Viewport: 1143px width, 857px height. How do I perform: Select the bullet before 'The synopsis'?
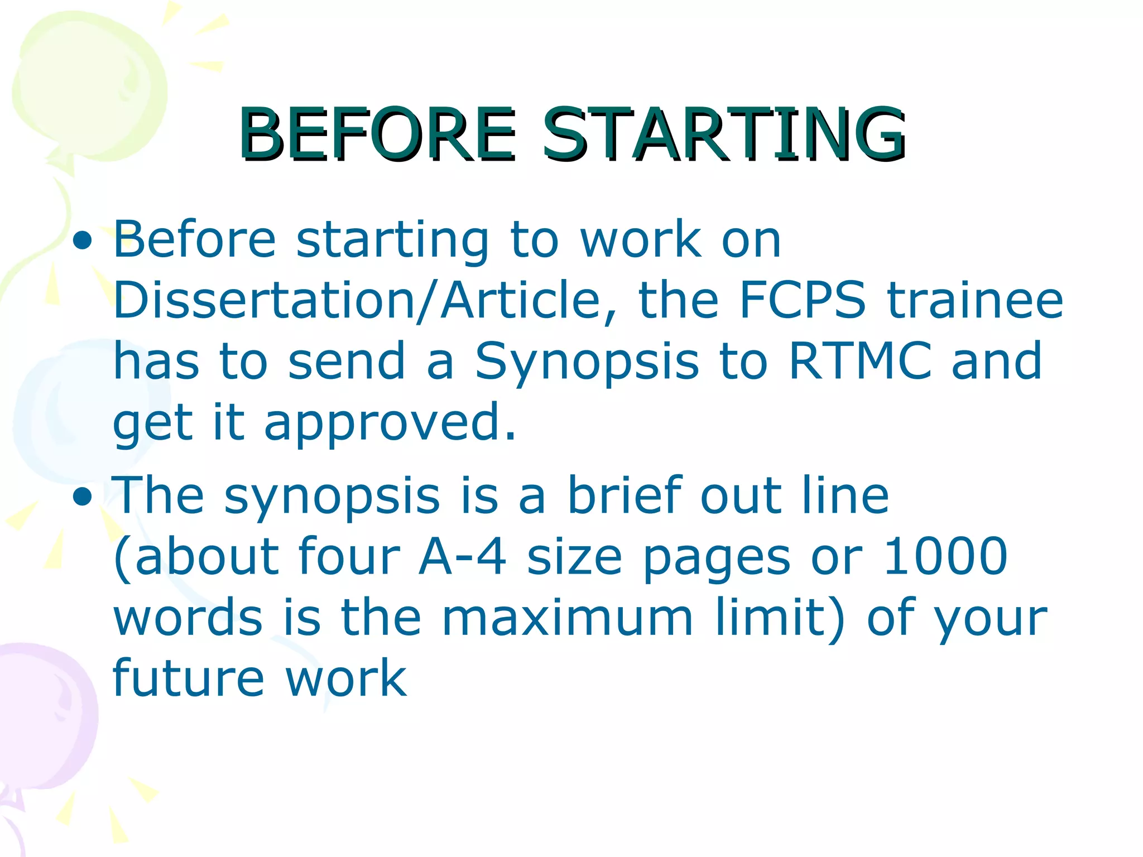click(x=83, y=497)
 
